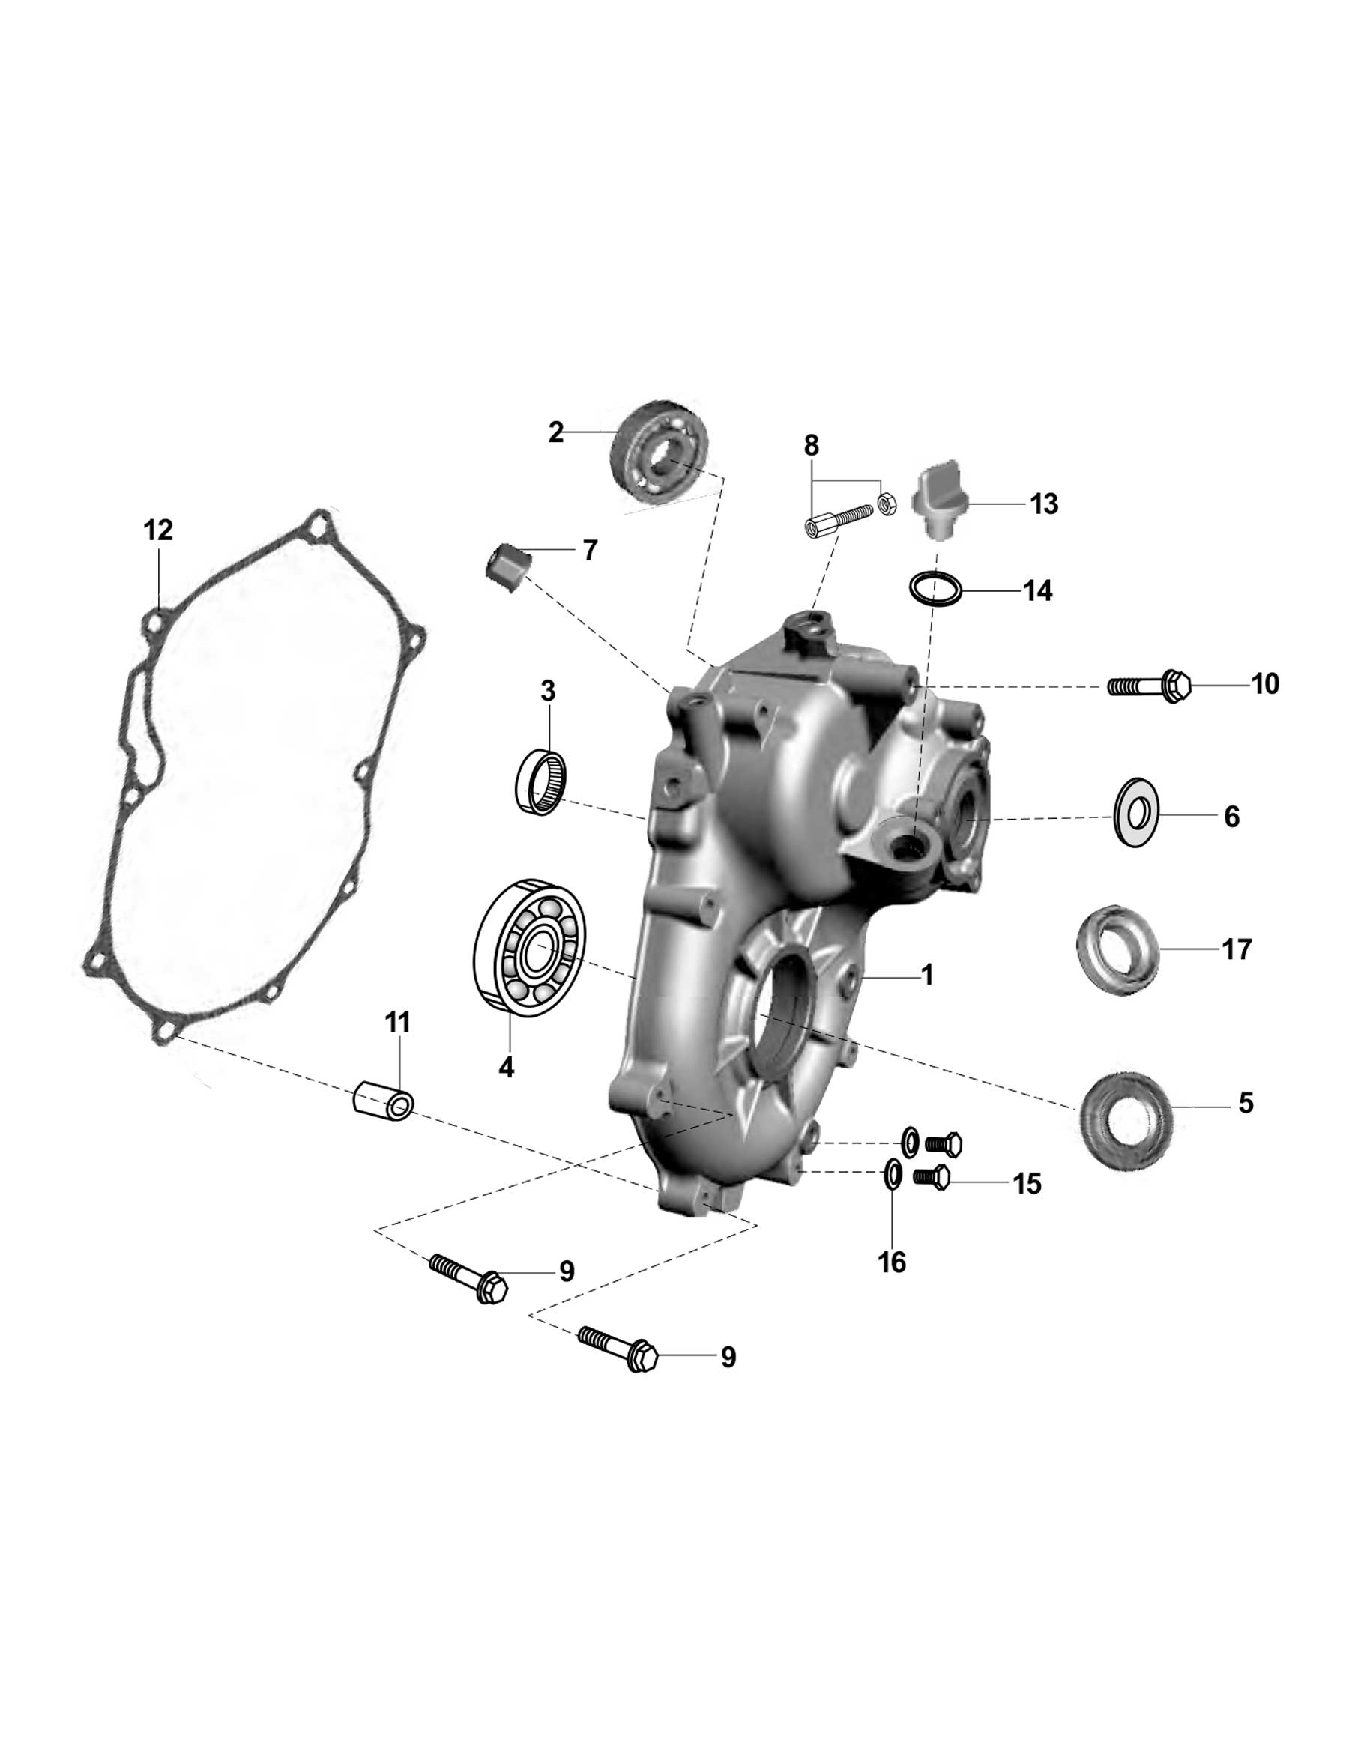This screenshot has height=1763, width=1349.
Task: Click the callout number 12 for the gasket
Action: pos(158,530)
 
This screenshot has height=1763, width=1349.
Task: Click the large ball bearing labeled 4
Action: pos(530,948)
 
